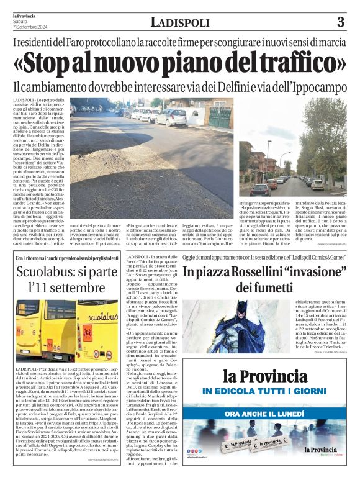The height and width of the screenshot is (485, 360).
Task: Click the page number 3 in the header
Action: point(340,23)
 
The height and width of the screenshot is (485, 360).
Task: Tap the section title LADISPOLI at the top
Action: point(179,23)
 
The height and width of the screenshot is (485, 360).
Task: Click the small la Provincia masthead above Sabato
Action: point(24,16)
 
